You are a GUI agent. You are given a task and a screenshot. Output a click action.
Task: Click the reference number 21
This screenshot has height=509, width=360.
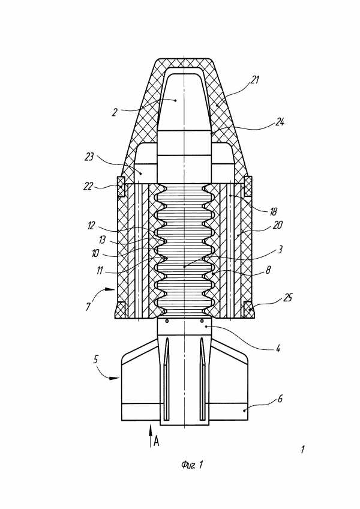(x=255, y=79)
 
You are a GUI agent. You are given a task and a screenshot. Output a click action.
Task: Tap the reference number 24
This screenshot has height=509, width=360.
(x=280, y=122)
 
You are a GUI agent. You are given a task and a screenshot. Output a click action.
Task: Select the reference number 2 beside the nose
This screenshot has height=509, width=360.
(x=115, y=113)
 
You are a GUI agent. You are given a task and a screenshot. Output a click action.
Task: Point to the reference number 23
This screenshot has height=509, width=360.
(x=89, y=157)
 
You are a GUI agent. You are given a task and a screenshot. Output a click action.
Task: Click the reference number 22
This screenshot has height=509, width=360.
(x=88, y=187)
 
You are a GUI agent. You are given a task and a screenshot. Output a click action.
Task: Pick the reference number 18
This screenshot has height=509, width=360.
(x=273, y=212)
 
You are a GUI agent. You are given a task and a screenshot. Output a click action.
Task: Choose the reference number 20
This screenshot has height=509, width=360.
(x=278, y=225)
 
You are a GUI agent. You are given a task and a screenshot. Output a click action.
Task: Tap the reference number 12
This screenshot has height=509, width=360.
(x=91, y=225)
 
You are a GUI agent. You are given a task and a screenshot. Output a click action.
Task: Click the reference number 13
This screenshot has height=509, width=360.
(x=102, y=240)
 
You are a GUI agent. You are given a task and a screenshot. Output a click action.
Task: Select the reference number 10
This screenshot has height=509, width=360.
(x=95, y=253)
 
